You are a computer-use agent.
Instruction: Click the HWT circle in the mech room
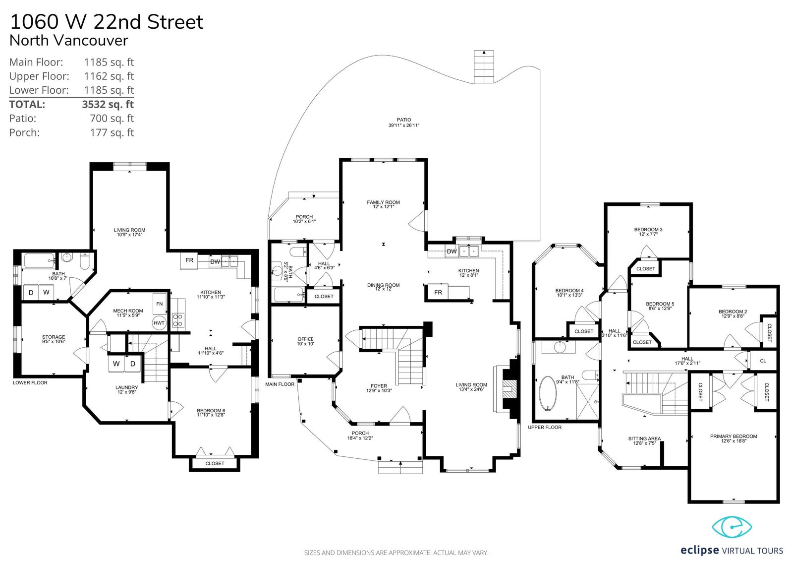[159, 323]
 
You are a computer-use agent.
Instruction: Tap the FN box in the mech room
[160, 304]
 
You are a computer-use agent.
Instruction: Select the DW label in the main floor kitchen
[452, 251]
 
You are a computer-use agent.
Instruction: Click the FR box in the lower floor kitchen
[189, 260]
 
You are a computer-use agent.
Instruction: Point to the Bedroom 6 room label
[211, 411]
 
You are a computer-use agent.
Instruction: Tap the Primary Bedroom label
[734, 436]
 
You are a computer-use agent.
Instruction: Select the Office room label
[305, 339]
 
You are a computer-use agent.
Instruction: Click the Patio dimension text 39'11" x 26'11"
[404, 125]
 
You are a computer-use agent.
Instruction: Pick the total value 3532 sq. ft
[108, 104]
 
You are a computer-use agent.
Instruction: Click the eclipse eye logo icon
[732, 527]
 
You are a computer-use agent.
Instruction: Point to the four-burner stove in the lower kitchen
[178, 319]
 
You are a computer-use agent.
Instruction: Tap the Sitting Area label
[644, 438]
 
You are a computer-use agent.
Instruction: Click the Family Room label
[384, 202]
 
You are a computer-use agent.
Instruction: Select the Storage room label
[54, 337]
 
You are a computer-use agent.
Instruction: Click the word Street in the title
[175, 22]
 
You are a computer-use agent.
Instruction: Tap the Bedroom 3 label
[648, 230]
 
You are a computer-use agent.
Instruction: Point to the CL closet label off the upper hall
[763, 361]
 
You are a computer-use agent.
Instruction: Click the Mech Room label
[128, 311]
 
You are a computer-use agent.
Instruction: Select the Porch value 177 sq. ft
[112, 132]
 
